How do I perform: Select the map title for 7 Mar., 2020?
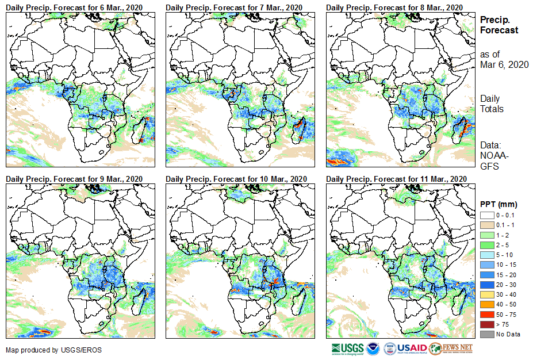pyautogui.click(x=234, y=7)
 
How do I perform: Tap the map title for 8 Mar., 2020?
pyautogui.click(x=394, y=7)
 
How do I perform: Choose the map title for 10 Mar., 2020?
pyautogui.click(x=236, y=179)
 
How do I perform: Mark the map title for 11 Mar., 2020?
pyautogui.click(x=396, y=179)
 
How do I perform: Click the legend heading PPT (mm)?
pyautogui.click(x=499, y=204)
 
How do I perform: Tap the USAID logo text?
pyautogui.click(x=412, y=348)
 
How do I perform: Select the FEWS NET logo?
pyautogui.click(x=451, y=348)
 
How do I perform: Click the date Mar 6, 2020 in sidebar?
pyautogui.click(x=504, y=64)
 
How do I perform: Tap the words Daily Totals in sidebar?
pyautogui.click(x=492, y=104)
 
